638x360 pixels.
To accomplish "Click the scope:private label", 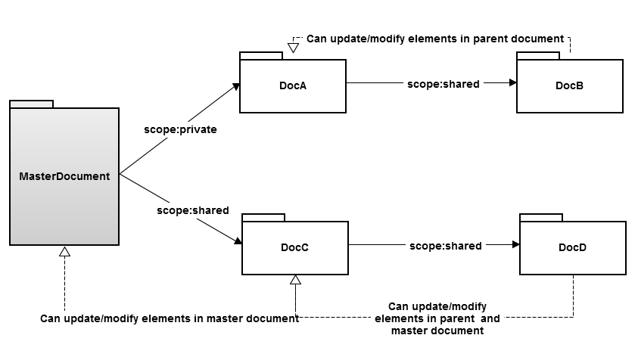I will click(x=180, y=129).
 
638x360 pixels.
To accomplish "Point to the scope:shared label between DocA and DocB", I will click(x=443, y=84).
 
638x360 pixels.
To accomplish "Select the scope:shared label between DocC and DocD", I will click(x=445, y=246).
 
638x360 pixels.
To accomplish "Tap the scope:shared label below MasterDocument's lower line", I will click(x=192, y=210).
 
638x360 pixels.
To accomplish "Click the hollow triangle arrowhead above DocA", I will click(x=294, y=47).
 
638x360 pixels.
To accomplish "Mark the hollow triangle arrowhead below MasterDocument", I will click(x=65, y=251).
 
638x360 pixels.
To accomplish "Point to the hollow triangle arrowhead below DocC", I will click(x=295, y=279).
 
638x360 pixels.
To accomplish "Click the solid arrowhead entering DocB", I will click(x=512, y=84).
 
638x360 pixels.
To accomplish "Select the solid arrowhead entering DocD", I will click(x=515, y=245).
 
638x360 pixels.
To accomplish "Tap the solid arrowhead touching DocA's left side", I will click(x=236, y=87).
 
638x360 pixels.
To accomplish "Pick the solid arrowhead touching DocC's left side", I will click(x=238, y=242).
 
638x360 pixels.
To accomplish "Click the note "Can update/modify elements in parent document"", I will click(x=435, y=39).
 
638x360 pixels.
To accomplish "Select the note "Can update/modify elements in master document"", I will click(x=169, y=318).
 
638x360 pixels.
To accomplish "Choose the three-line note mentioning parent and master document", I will click(x=437, y=318).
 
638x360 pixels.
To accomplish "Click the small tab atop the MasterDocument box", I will click(x=31, y=104).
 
